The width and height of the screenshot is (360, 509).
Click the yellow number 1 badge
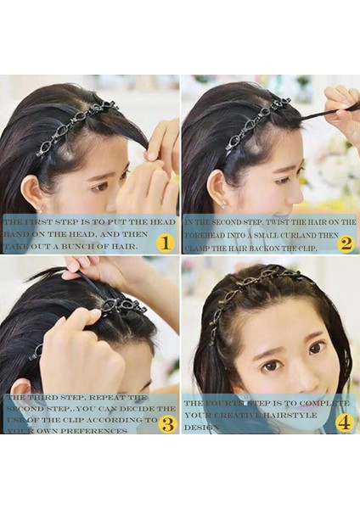166,243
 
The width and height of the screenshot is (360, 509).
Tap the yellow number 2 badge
345,243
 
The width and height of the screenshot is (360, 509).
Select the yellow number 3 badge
168,422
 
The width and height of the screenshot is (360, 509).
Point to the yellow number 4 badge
345,422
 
